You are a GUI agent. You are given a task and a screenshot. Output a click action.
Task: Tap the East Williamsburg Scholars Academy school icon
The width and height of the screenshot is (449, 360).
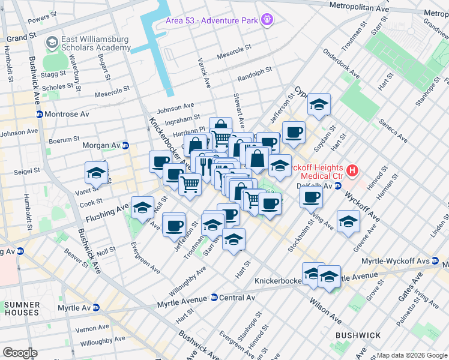point(52,43)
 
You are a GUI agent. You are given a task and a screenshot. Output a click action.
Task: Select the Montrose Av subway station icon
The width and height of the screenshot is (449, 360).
point(39,114)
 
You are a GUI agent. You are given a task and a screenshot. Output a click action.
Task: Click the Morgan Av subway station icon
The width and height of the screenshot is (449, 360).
point(125,145)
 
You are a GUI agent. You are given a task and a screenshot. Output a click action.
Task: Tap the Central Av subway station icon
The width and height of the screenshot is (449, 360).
point(214,298)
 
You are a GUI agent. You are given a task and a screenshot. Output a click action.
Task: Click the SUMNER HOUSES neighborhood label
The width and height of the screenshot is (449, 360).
point(22,308)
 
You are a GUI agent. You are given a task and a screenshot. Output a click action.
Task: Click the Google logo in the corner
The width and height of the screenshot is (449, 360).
point(20,353)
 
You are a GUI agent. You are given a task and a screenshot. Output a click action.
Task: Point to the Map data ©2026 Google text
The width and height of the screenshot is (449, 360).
point(412,355)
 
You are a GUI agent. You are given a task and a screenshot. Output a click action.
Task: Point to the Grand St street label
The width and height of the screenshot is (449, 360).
point(17,38)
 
